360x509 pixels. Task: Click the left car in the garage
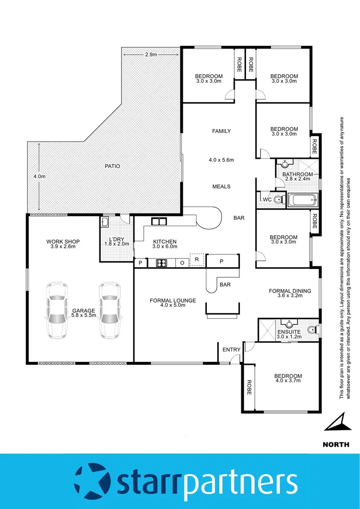56,311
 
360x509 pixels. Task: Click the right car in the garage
109,311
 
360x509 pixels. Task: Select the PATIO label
112,166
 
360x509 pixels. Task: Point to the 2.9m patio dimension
151,55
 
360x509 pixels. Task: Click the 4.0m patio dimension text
40,176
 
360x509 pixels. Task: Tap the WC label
267,200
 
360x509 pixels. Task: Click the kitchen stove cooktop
161,263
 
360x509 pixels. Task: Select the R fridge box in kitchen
196,260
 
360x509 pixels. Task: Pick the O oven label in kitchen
182,263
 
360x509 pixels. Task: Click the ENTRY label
232,350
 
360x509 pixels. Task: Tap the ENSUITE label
288,332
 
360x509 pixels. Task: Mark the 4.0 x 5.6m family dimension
221,160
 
